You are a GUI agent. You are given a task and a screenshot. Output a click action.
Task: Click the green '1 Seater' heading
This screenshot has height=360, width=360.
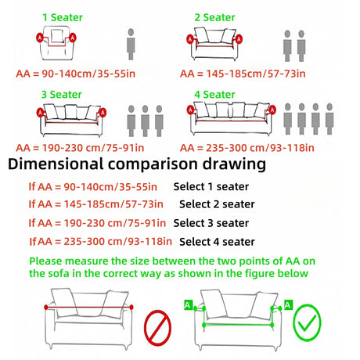pos(63,17)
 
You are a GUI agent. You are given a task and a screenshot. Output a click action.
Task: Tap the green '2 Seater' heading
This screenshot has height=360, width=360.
pos(214,17)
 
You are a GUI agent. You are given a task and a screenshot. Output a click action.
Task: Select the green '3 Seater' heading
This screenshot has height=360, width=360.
pos(62,95)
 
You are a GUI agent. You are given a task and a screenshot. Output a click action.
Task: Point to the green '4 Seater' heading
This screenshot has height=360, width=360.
pos(214,95)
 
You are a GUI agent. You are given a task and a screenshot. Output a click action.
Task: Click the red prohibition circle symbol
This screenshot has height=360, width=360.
pos(157,328)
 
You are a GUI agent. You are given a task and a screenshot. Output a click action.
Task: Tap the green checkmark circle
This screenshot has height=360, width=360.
pos(308,322)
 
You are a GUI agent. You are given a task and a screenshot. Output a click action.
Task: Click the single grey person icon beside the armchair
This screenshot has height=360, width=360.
pos(131,45)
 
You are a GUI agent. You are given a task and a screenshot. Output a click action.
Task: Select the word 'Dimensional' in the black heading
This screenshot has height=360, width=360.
pos(56,164)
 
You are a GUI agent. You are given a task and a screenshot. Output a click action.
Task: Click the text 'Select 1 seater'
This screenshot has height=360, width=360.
pos(211,187)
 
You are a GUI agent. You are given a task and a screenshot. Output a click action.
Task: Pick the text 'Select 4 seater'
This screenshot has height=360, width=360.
pos(217,242)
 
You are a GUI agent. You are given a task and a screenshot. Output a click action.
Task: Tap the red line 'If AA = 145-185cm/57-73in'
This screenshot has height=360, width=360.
pos(96,204)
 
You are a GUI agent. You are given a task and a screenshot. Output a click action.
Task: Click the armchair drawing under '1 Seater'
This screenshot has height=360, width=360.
pos(56,43)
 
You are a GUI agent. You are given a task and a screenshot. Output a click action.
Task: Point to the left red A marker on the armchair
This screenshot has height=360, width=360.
pos(40,38)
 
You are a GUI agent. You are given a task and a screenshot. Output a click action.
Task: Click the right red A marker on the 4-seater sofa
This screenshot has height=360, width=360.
pos(272,110)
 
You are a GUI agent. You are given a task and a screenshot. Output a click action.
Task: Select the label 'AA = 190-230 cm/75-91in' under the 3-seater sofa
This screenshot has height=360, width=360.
pos(80,148)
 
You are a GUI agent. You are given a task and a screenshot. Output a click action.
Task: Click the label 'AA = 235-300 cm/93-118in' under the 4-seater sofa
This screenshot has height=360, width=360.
pos(247,148)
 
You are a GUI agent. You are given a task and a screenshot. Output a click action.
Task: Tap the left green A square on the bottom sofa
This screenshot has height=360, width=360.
pos(188,305)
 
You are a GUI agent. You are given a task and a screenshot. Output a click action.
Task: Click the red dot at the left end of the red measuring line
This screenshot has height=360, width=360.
pos(46,308)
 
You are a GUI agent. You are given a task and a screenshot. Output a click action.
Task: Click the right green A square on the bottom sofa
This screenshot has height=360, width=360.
pos(288,305)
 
